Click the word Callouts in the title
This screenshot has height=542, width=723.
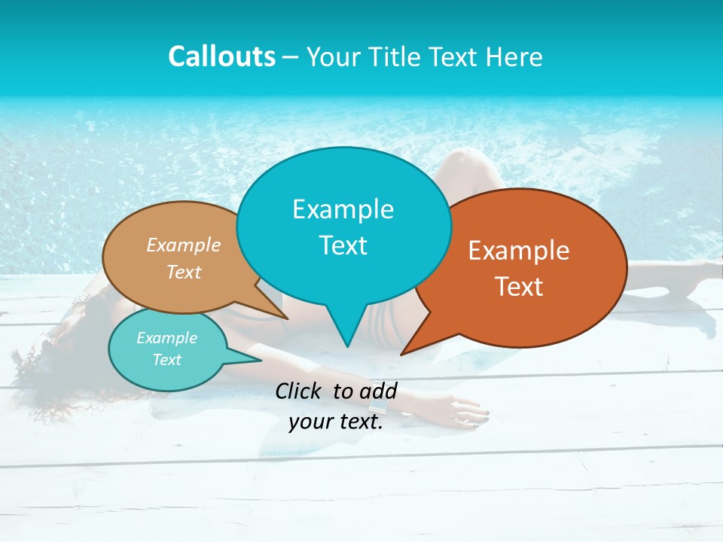(221, 56)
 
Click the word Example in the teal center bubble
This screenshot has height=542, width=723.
(343, 209)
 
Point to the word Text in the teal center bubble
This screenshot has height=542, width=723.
(343, 245)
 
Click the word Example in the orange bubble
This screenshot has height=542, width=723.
(519, 251)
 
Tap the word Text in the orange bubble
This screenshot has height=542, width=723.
(519, 287)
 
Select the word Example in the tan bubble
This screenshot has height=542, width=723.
(184, 245)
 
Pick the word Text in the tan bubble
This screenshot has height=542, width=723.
(184, 272)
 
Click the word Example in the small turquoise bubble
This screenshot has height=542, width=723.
(166, 338)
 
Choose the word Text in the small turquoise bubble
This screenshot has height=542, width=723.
(166, 360)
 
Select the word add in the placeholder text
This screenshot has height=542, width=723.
(378, 391)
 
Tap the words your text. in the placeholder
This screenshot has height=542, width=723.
(335, 422)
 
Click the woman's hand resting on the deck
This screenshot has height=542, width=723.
(468, 410)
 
